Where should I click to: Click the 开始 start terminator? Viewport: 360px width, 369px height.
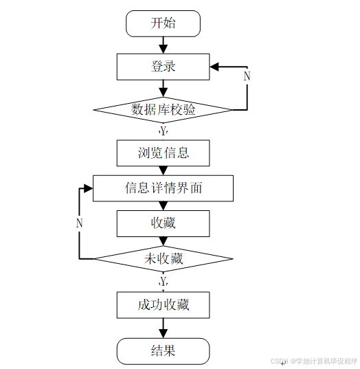[163, 23]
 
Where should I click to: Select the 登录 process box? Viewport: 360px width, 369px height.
[163, 67]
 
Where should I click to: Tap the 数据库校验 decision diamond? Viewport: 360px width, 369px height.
[163, 109]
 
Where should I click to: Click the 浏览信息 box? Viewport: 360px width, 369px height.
[163, 153]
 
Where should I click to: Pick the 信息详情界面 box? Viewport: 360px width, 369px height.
[163, 188]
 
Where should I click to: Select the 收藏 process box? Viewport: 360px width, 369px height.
[163, 223]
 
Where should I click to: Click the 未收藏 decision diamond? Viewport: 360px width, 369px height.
[163, 258]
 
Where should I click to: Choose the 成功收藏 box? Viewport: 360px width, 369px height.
[163, 304]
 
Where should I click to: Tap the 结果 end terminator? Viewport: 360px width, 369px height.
[163, 350]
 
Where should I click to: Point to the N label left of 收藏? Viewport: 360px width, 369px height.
[80, 223]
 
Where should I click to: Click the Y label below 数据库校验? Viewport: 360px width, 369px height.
[163, 130]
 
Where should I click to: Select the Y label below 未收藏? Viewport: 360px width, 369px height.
[163, 282]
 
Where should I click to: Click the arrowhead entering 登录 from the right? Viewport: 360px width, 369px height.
[214, 67]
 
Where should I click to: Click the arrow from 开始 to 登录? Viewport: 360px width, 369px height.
[163, 45]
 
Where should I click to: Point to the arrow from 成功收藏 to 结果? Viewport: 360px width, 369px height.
[163, 328]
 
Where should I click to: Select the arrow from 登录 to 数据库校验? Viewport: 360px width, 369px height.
[163, 88]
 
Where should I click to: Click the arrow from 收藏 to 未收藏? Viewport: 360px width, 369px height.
[163, 241]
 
